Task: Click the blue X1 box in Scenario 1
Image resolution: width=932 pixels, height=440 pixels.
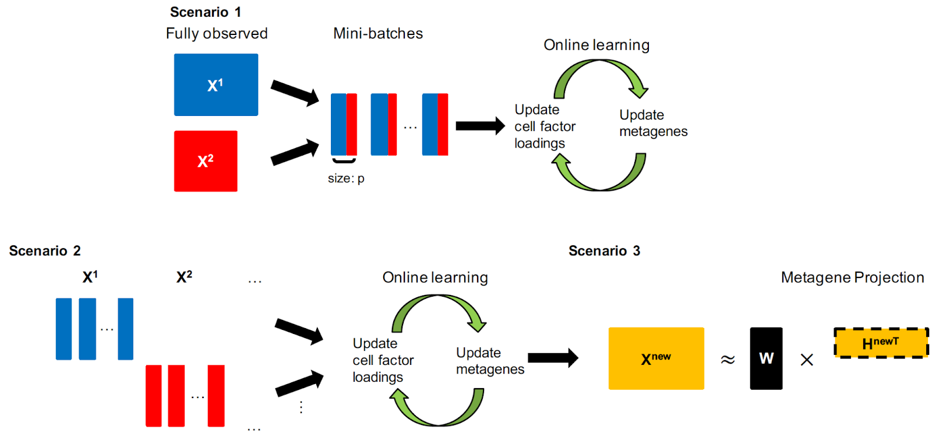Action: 216,85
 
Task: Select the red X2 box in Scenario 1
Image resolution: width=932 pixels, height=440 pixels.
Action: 206,161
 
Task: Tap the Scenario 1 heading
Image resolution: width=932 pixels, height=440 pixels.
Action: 205,12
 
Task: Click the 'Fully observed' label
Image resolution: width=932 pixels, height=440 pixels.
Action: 217,34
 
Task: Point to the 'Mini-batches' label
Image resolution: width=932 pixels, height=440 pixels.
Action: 378,34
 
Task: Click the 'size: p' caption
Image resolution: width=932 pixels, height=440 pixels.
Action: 346,179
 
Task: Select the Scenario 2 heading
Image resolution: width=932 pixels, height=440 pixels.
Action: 45,251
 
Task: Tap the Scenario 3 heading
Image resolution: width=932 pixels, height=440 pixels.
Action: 604,251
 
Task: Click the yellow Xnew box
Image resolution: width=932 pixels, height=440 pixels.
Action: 656,358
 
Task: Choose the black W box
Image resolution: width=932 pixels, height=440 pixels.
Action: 766,358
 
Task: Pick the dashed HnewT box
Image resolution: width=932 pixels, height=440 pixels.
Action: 881,343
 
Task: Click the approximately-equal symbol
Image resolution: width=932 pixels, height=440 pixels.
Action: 728,360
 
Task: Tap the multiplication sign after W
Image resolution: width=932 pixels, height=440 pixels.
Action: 807,360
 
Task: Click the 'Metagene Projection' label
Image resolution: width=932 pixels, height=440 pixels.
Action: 852,278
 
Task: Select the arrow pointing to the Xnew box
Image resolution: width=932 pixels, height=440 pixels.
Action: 553,358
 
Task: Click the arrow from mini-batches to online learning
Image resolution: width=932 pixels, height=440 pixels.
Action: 480,126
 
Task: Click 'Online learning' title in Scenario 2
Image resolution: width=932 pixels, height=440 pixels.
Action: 435,278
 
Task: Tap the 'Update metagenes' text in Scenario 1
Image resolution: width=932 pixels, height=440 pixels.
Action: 653,123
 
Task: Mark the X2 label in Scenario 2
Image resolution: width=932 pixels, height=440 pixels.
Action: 184,277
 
